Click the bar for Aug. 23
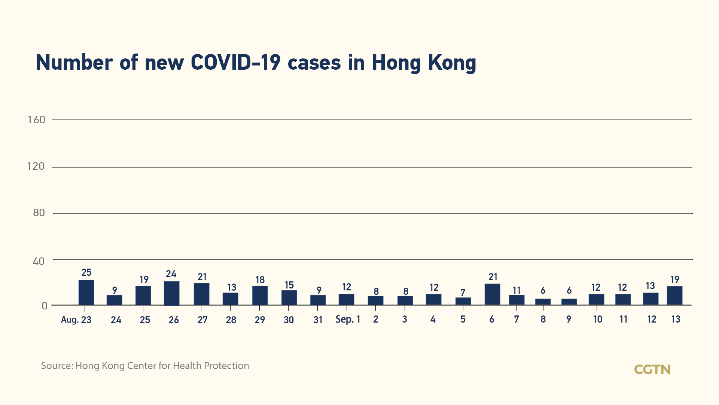tap(86, 293)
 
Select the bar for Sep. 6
tap(492, 294)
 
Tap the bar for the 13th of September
tap(674, 296)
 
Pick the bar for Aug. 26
tap(171, 293)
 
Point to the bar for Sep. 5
tap(463, 301)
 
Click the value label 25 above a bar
tap(86, 272)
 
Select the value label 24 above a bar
tap(171, 274)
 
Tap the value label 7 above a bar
tap(463, 292)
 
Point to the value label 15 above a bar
tap(289, 285)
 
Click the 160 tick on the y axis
tap(36, 120)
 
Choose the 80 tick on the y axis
tap(39, 213)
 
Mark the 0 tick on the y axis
tap(45, 306)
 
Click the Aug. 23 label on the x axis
tap(76, 320)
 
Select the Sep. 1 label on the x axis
tap(348, 319)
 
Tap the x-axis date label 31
tap(318, 320)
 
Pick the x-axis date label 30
tap(289, 320)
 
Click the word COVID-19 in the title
tap(235, 62)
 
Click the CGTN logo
tap(652, 369)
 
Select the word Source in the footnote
tap(57, 366)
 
